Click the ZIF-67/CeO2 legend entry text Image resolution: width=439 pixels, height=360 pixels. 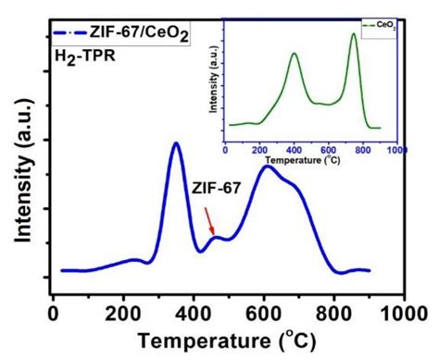[x=139, y=33]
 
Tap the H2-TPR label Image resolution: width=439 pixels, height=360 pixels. [x=85, y=57]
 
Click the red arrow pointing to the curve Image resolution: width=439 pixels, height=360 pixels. [x=209, y=221]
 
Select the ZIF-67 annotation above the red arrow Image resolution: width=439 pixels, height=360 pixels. [x=216, y=188]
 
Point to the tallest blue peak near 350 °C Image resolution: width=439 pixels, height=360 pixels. [x=176, y=143]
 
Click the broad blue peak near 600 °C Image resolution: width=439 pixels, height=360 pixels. [x=268, y=167]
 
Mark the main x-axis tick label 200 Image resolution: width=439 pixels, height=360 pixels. [x=123, y=314]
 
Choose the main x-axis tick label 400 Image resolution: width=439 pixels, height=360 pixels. [x=194, y=314]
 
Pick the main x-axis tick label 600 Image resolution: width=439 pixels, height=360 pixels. [x=264, y=314]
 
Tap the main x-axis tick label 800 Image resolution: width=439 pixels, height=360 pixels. [x=333, y=314]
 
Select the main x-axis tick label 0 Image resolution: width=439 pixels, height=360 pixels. [x=54, y=314]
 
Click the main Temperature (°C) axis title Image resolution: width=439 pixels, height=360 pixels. [x=227, y=341]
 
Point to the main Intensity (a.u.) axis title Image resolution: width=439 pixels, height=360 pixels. [x=23, y=171]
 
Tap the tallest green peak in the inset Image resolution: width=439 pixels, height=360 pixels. [x=354, y=34]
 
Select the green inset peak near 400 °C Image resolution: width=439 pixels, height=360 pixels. [x=295, y=54]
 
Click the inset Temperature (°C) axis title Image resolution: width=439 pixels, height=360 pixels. [x=303, y=160]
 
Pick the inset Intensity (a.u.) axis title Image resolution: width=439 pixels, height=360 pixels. [x=213, y=80]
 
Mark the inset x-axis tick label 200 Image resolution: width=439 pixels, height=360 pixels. [x=259, y=150]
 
